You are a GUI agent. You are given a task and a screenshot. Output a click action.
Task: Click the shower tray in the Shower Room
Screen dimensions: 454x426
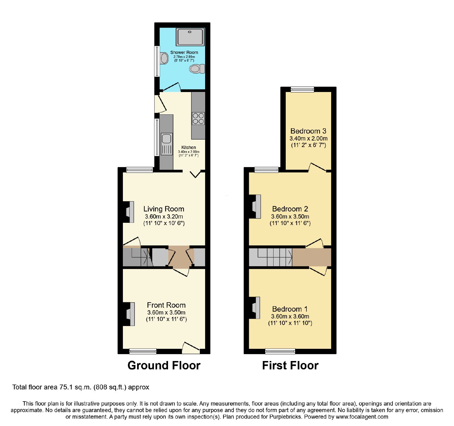tap(190, 37)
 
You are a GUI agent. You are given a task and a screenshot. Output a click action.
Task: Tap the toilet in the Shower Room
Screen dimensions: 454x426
tap(197, 69)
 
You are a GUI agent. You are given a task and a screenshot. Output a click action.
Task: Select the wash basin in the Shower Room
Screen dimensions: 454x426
tap(164, 58)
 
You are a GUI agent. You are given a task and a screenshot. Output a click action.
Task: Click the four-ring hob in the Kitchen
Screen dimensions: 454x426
tap(198, 118)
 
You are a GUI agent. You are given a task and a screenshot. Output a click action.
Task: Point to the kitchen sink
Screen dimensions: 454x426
tap(167, 144)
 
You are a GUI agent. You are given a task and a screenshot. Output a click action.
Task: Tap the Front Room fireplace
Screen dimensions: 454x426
tap(129, 314)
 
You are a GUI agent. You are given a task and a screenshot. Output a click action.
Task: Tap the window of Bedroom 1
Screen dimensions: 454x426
tap(280, 351)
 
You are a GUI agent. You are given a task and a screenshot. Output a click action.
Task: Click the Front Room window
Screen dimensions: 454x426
tap(143, 351)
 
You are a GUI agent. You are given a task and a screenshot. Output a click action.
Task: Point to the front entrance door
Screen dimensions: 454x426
tap(191, 348)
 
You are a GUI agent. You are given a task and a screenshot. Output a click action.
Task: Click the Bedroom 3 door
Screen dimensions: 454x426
tap(317, 167)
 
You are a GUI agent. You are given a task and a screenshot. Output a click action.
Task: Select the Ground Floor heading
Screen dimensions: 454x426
tap(164, 365)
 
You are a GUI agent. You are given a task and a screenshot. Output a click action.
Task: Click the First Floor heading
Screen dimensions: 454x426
tap(290, 365)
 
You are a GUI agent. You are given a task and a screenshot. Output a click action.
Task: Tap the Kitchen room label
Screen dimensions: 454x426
tap(189, 147)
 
